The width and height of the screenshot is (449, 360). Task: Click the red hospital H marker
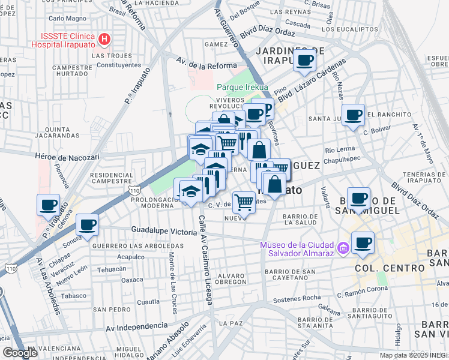click(x=105, y=40)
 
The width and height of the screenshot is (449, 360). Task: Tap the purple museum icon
click(x=342, y=247)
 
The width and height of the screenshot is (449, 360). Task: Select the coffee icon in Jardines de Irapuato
click(x=305, y=60)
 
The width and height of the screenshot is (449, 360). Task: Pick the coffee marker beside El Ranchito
click(x=353, y=113)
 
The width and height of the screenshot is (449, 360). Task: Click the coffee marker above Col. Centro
click(x=363, y=242)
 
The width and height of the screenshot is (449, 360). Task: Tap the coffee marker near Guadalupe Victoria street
click(x=87, y=224)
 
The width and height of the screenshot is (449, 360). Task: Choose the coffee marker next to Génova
click(x=48, y=204)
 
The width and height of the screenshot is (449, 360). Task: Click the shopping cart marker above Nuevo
click(x=244, y=202)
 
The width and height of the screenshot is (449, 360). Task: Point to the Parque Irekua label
click(x=242, y=87)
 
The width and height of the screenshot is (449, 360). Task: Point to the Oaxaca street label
click(x=133, y=280)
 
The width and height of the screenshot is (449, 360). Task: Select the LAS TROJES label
click(x=107, y=55)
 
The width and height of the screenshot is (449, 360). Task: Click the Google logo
click(x=20, y=353)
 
